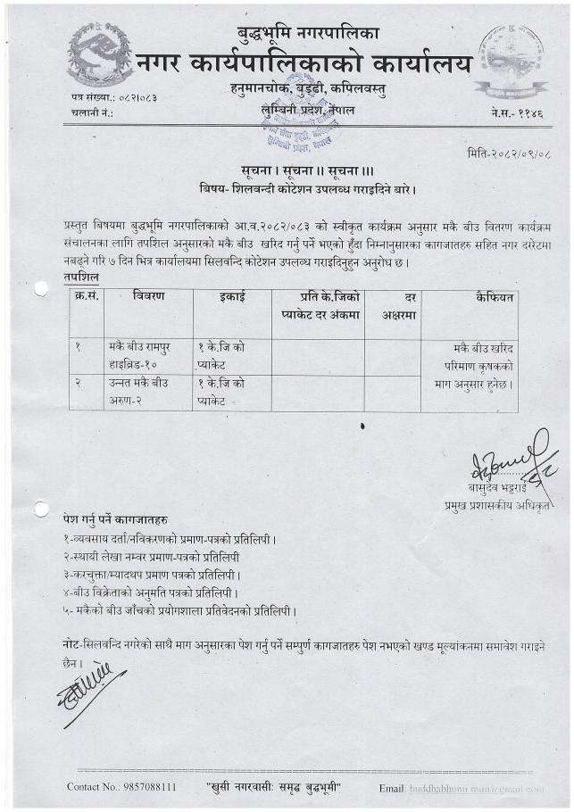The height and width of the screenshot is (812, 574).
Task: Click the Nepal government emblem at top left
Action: (x=99, y=55)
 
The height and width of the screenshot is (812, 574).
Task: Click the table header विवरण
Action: (x=148, y=297)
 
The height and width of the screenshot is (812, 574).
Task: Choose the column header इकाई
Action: (x=232, y=297)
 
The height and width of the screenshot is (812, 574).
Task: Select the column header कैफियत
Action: (x=494, y=297)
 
